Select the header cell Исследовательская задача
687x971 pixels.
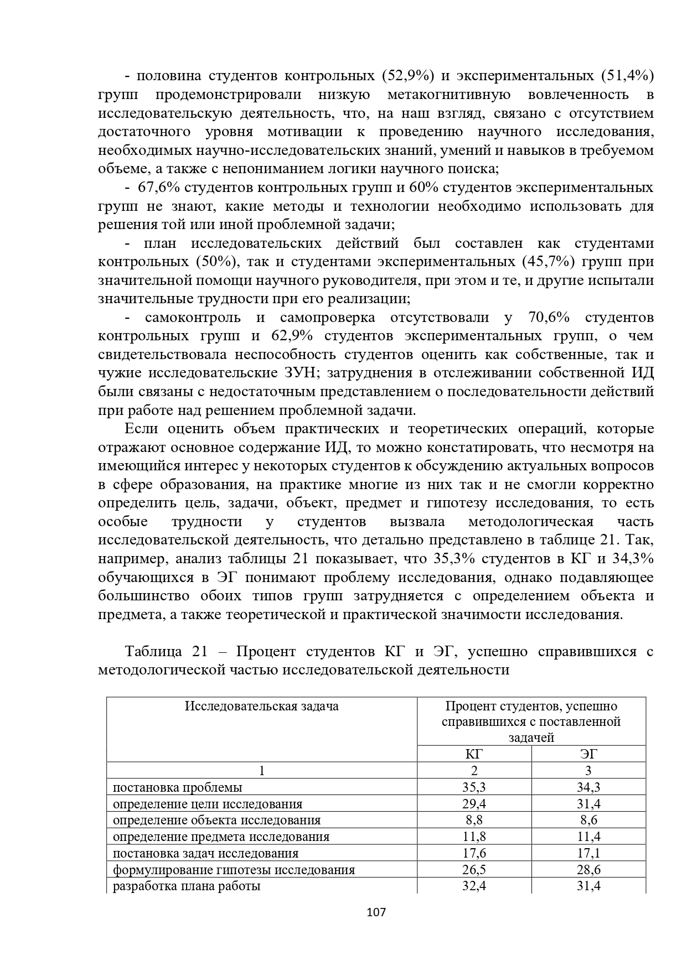(261, 707)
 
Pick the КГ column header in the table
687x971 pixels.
(474, 754)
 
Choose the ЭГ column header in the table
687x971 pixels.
(588, 754)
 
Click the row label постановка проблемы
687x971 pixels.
(177, 787)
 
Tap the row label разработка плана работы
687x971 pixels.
(187, 886)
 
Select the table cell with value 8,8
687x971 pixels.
(474, 820)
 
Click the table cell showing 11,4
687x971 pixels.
(588, 837)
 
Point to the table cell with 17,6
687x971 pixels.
(474, 853)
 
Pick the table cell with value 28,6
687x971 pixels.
(588, 870)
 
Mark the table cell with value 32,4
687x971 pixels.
(474, 886)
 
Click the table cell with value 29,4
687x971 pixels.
(474, 804)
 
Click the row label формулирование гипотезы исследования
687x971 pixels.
(234, 870)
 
